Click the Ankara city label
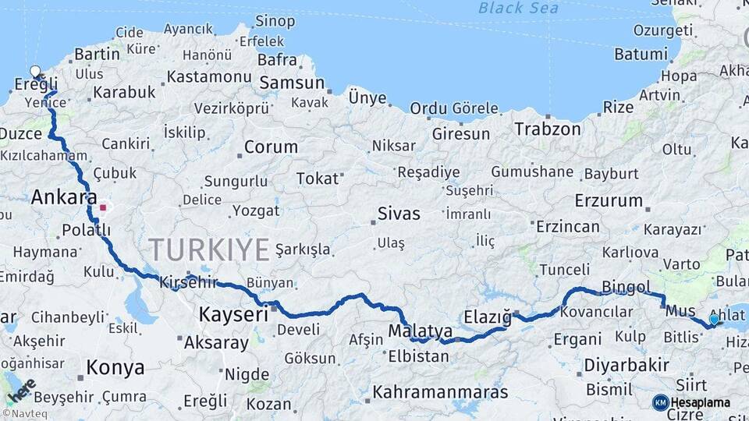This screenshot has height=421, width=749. tap(64, 198)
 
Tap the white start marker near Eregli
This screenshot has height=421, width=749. tap(35, 72)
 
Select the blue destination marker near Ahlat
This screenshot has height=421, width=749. tap(714, 320)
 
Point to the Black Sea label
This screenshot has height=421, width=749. tap(519, 8)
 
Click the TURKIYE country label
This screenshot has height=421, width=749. tap(209, 249)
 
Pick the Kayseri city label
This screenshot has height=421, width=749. tap(233, 314)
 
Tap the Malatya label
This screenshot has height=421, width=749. tap(421, 331)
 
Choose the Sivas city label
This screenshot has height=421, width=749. tap(398, 214)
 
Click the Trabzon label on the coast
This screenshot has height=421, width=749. tap(548, 129)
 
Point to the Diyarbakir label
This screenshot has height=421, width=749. tap(627, 365)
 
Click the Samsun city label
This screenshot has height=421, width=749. tap(291, 83)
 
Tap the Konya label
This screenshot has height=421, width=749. tap(115, 367)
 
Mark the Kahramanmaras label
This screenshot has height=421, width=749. tap(440, 391)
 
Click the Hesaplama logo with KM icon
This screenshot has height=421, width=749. tap(691, 402)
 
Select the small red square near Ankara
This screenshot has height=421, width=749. tap(103, 208)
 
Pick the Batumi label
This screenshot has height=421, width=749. tap(641, 55)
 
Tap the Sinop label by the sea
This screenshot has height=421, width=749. tap(275, 21)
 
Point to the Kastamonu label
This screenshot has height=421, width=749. tap(208, 76)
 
